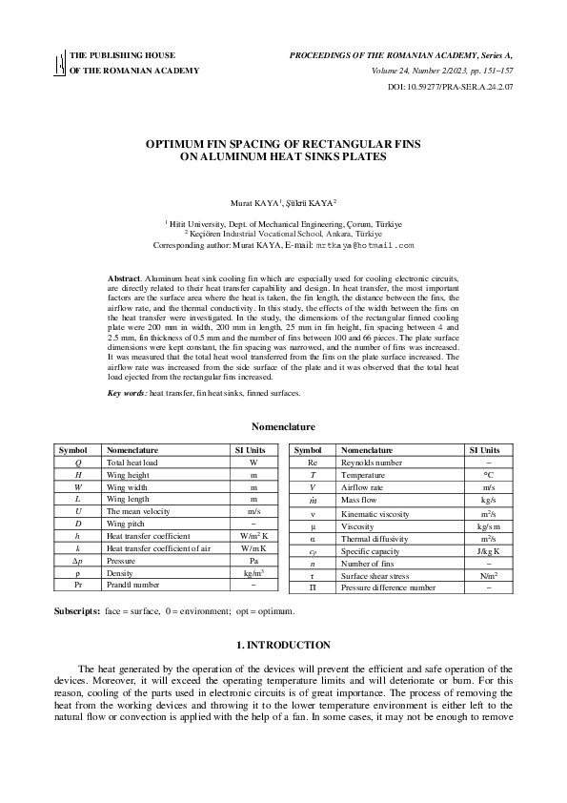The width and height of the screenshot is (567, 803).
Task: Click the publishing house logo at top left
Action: [59, 63]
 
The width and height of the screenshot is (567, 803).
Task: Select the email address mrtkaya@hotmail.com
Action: [365, 245]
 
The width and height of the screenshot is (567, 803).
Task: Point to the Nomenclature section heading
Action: [283, 426]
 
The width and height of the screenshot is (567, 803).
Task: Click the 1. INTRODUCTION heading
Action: [283, 645]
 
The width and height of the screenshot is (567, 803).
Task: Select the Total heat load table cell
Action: [132, 462]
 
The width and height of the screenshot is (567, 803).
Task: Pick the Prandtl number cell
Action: [132, 585]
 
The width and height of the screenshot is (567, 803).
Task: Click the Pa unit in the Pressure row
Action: [253, 561]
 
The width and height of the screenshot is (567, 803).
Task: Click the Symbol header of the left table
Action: [73, 449]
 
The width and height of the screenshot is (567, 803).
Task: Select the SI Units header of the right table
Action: [484, 449]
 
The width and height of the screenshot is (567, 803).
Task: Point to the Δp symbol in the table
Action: [77, 561]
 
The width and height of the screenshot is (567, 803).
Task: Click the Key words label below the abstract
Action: [126, 393]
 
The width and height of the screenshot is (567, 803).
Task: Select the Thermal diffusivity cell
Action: [373, 538]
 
